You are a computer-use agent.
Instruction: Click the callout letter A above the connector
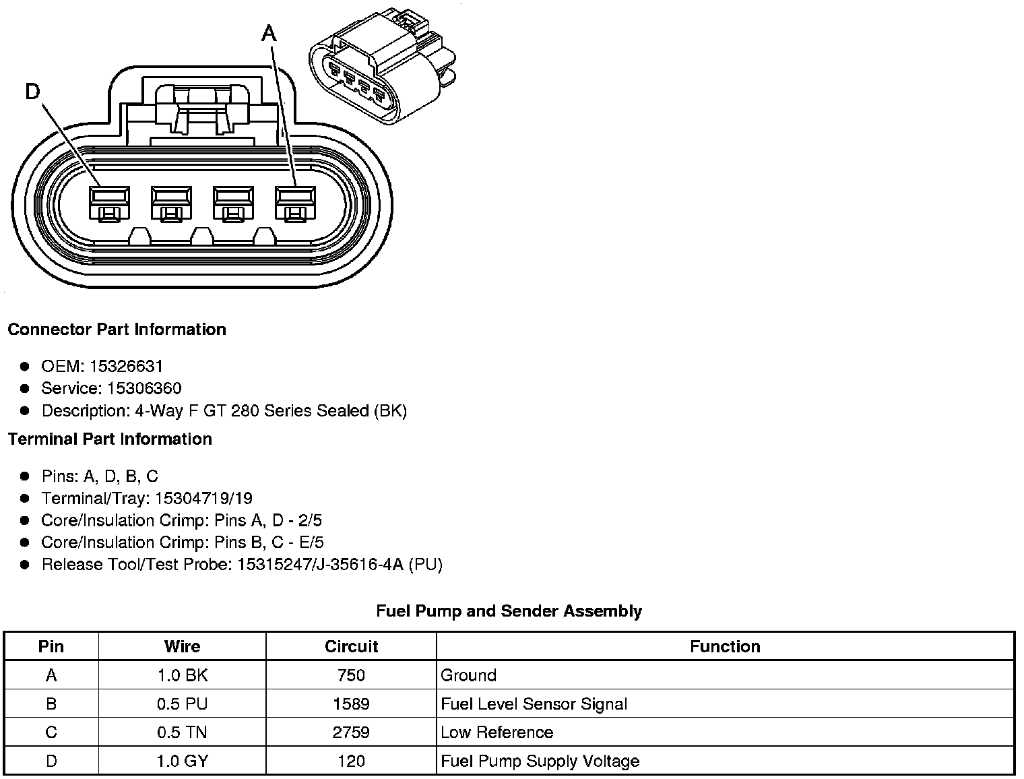pos(269,32)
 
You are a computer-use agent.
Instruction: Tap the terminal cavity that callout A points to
pos(294,203)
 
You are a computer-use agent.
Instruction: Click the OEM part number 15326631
pos(126,367)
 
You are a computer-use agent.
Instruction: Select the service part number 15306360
pos(144,388)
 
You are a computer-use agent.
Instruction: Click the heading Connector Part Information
pos(117,330)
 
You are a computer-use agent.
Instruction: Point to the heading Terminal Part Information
pos(110,439)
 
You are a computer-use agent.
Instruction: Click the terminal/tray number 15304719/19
pos(203,498)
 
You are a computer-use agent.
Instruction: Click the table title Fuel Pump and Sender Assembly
pos(509,611)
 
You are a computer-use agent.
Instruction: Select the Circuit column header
pos(351,647)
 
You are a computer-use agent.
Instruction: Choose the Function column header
pos(725,647)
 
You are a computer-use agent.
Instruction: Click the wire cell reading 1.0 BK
pos(182,675)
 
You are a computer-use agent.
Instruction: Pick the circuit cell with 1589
pos(351,704)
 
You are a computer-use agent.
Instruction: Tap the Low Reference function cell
pos(497,733)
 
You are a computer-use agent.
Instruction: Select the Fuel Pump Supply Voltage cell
pos(540,761)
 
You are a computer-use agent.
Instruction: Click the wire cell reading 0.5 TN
pos(182,733)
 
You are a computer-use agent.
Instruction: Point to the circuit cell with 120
pos(351,761)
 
